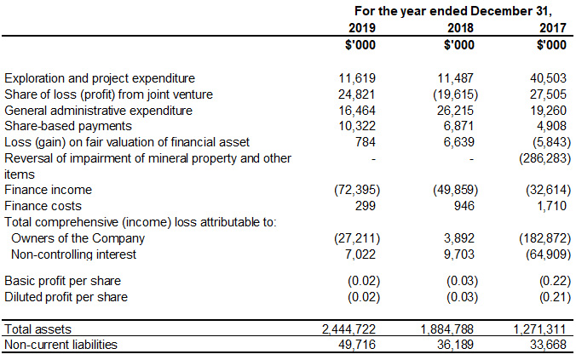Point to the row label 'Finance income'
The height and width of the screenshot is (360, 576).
pyautogui.click(x=48, y=190)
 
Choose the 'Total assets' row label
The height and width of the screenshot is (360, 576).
pyautogui.click(x=38, y=329)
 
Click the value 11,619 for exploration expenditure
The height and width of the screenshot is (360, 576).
pyautogui.click(x=358, y=78)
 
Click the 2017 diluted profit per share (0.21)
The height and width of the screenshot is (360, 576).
pyautogui.click(x=551, y=297)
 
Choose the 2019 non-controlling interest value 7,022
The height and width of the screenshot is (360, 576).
pyautogui.click(x=361, y=254)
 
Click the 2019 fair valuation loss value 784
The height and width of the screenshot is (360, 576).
pyautogui.click(x=366, y=142)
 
